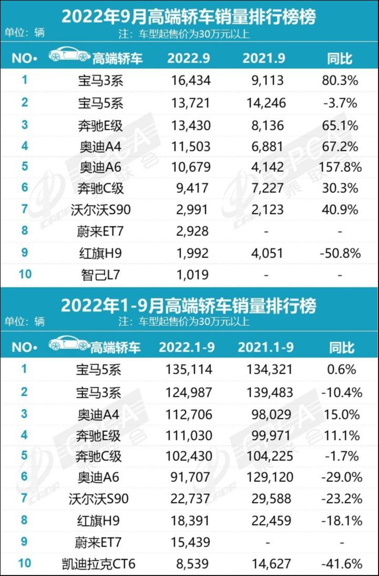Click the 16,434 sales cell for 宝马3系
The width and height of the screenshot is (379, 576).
[192, 80]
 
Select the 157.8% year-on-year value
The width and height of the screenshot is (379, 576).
[340, 167]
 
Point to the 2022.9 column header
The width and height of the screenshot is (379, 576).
[188, 58]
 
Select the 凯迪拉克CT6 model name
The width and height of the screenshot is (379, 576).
[98, 564]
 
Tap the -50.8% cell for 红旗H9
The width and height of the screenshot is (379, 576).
[340, 253]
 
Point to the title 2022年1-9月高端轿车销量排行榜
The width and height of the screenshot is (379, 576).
[188, 305]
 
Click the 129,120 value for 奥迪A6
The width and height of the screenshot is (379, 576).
[270, 477]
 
